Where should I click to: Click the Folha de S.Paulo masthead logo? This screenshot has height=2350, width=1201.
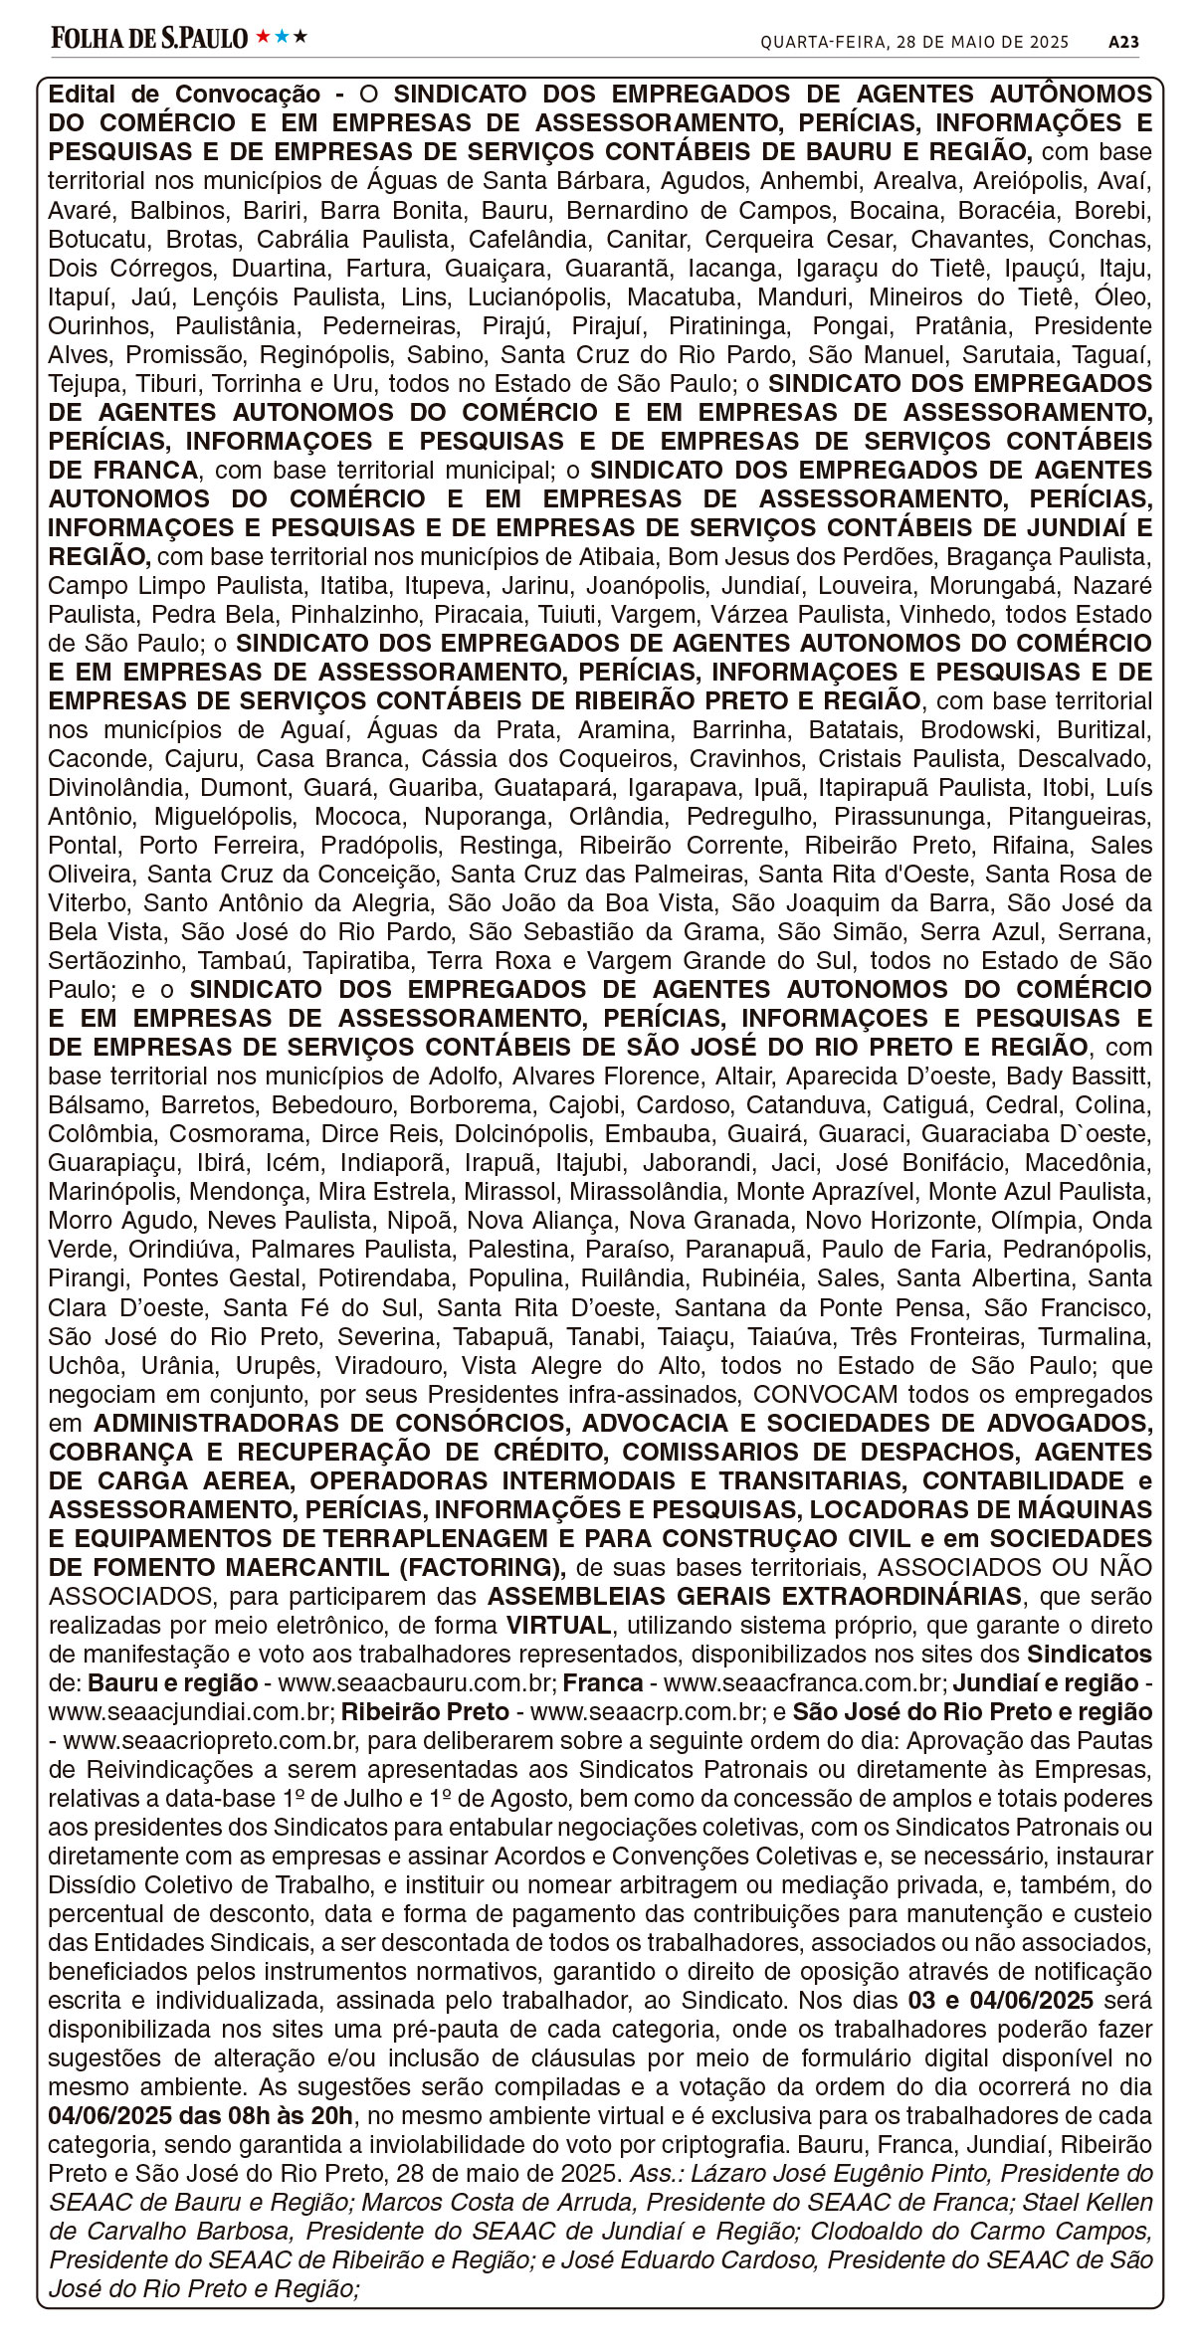point(149,38)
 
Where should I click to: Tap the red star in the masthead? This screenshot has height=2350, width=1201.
point(263,37)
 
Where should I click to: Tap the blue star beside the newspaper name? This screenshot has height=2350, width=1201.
point(282,37)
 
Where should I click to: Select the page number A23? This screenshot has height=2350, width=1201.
point(1123,42)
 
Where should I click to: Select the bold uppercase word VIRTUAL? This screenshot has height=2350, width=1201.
point(558,1625)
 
